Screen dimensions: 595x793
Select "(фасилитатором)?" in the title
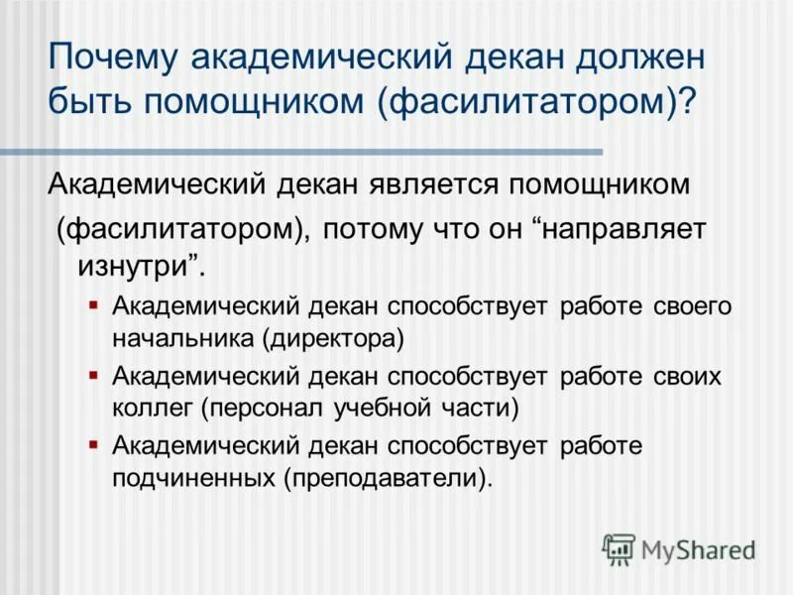click(537, 102)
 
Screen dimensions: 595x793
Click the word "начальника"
click(184, 337)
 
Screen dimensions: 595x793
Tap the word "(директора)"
click(334, 337)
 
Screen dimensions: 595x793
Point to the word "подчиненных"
click(194, 478)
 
